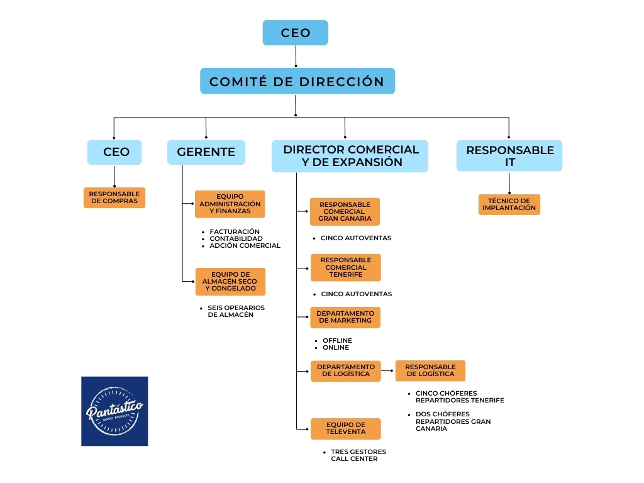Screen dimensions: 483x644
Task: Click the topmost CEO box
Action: [295, 33]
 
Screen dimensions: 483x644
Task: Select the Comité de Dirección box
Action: [297, 82]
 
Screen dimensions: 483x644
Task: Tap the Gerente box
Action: [206, 152]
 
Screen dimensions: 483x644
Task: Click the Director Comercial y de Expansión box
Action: [350, 156]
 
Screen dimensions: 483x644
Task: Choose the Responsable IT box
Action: [509, 156]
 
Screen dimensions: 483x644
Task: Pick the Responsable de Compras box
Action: [114, 197]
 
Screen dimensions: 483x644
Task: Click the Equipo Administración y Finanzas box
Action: [230, 204]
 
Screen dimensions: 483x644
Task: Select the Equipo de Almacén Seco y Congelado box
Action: [230, 281]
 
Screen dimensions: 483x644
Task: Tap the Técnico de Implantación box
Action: [509, 204]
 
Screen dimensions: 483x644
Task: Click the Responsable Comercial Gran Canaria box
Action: [345, 212]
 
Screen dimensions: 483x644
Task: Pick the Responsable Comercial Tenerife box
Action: [345, 267]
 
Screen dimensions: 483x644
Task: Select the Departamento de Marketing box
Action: [345, 317]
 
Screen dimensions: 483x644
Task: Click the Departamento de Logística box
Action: [345, 370]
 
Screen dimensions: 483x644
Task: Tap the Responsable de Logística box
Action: [430, 370]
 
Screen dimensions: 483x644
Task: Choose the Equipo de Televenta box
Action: [345, 428]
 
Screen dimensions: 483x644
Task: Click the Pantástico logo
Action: [114, 411]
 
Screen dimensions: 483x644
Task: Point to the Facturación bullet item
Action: [235, 231]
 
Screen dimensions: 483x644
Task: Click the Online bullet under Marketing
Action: [336, 347]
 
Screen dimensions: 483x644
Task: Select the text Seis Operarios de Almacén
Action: [236, 311]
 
